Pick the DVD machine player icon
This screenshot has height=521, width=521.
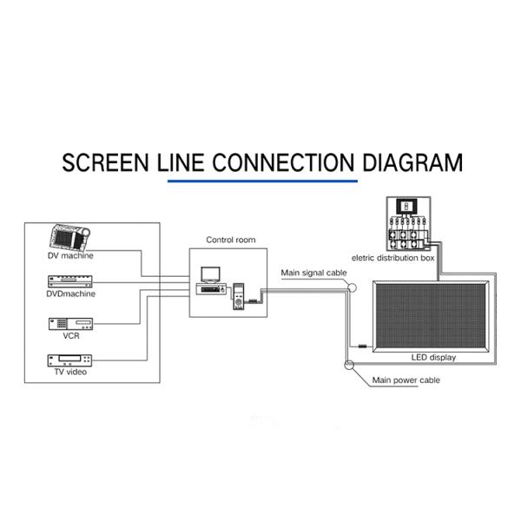pos(70,281)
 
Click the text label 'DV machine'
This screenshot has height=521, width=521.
pos(70,256)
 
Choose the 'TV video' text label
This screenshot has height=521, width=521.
pos(70,373)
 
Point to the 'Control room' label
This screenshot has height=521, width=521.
pos(230,240)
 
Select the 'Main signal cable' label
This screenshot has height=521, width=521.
pos(313,273)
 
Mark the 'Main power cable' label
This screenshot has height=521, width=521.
pos(406,380)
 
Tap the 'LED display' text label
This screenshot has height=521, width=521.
pos(432,358)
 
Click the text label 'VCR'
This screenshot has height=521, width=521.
pos(70,334)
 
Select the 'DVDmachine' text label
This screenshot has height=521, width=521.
pos(70,293)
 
